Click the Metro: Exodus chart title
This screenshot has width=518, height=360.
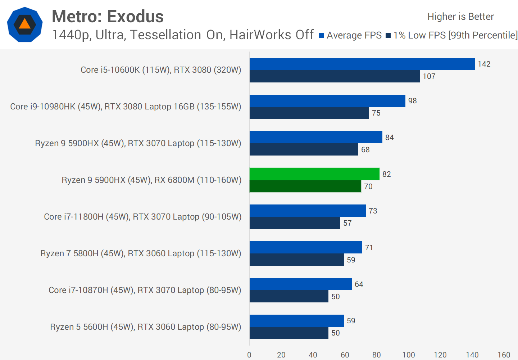click(x=108, y=17)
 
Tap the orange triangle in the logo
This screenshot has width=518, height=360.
click(x=24, y=24)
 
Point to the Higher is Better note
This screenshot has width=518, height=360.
click(x=460, y=17)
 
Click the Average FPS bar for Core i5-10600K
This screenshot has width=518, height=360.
click(x=362, y=64)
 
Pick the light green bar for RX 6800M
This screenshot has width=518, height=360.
click(x=314, y=174)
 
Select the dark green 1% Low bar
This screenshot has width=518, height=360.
click(x=305, y=186)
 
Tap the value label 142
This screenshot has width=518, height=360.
click(x=484, y=64)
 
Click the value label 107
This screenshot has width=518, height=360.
click(x=429, y=76)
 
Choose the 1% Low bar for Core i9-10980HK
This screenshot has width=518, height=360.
click(x=309, y=113)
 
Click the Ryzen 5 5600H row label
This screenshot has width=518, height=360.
click(x=146, y=327)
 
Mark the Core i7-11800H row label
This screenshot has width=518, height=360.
click(x=143, y=217)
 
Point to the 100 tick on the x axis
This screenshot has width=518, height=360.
click(x=409, y=355)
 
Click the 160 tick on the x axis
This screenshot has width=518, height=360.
click(x=504, y=355)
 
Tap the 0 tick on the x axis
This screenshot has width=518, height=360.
click(x=249, y=355)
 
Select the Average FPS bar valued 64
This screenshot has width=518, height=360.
click(x=300, y=284)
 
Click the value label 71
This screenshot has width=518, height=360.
click(x=369, y=248)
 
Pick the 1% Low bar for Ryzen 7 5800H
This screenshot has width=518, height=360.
click(x=296, y=260)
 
